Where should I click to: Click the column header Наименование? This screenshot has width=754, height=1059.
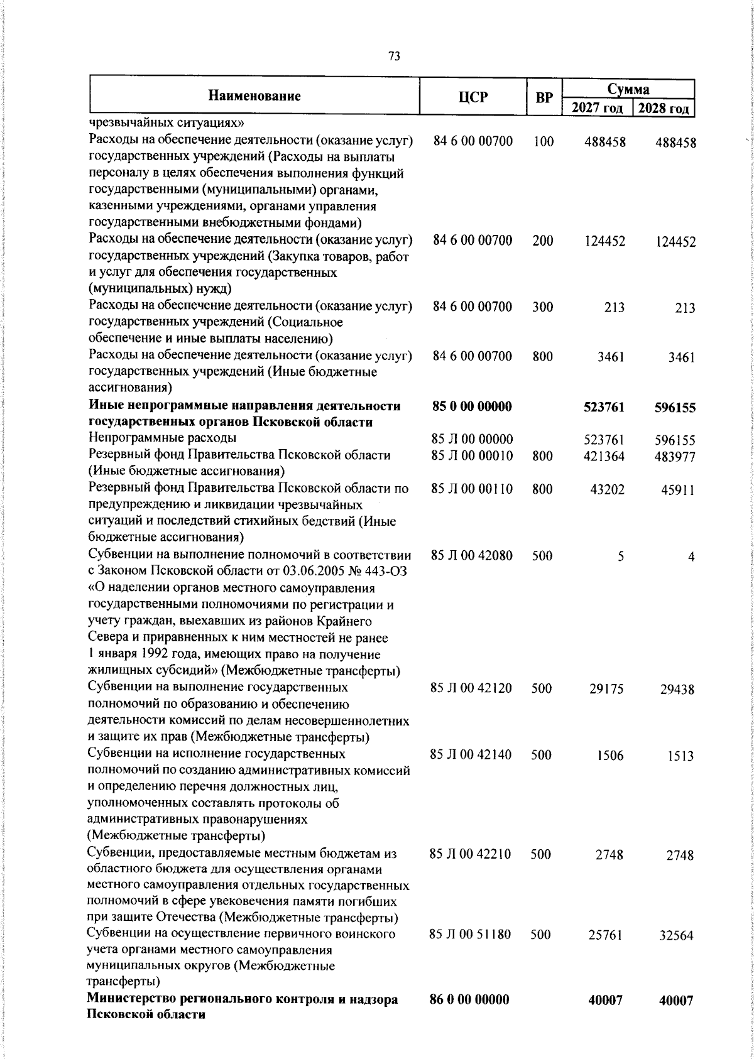point(254,96)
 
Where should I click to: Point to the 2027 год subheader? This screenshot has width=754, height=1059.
point(596,108)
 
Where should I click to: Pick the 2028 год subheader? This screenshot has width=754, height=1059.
point(664,108)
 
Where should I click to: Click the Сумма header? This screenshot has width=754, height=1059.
point(628,89)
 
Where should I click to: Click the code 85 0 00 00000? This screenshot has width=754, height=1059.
point(472,406)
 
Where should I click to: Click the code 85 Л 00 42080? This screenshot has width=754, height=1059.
point(471,555)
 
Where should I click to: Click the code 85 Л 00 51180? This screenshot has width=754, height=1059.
point(470,935)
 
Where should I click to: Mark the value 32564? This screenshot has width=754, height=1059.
point(676,936)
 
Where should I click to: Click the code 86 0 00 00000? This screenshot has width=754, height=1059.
point(469,999)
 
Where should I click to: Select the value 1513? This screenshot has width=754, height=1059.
point(680,756)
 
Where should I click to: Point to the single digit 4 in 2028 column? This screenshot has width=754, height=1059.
point(691,557)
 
